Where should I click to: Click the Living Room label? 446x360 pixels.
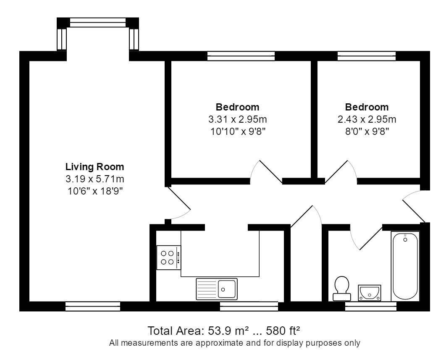pos(95,167)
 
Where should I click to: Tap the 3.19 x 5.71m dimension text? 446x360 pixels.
pos(95,179)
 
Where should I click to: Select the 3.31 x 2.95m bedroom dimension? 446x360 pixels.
pos(238,119)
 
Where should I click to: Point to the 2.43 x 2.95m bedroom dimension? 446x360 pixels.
pos(367,119)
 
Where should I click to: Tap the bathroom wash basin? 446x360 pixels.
pos(370,293)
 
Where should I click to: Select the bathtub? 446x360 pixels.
pos(405,266)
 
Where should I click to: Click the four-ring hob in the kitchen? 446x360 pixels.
pos(169,258)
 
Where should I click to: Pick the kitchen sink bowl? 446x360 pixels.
pos(227,289)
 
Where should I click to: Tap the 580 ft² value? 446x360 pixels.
pos(283,331)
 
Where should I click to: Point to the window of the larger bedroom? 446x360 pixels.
pos(241,56)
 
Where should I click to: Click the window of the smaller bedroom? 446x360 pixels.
pos(367,56)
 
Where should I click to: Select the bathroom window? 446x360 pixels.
pos(371,307)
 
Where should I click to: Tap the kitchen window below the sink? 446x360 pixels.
pos(249,307)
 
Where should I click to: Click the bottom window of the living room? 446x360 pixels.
pos(93,307)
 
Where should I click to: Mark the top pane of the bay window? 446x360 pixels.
pos(98,23)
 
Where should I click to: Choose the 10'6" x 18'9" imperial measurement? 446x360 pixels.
pos(95,191)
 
